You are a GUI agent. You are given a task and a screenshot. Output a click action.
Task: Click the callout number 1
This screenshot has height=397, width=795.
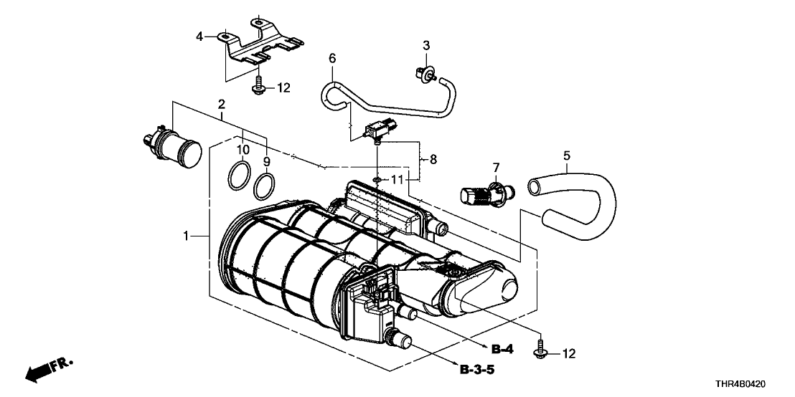(186, 236)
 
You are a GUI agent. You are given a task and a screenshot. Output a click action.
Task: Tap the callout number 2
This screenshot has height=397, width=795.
(222, 104)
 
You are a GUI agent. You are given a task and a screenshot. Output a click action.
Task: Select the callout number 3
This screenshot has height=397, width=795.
(425, 45)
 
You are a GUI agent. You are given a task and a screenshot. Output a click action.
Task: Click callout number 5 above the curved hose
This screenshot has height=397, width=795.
(567, 154)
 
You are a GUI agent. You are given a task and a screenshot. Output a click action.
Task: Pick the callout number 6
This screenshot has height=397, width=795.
(332, 58)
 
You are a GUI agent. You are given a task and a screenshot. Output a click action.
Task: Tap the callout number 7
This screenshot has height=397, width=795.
(495, 168)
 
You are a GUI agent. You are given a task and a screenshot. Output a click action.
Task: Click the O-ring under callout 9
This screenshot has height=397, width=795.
(265, 186)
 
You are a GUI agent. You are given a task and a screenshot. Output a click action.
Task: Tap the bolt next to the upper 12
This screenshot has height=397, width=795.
(257, 87)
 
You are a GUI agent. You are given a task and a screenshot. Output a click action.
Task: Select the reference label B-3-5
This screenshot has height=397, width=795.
(477, 370)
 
